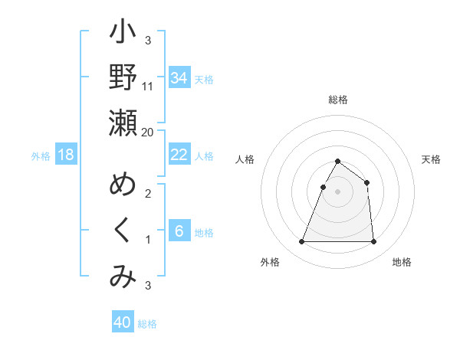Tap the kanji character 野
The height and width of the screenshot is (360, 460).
(x=123, y=77)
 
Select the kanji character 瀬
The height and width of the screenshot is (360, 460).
(x=123, y=123)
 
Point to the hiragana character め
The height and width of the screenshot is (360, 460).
(x=123, y=185)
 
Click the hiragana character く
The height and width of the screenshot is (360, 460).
(x=123, y=231)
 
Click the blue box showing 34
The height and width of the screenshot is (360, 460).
(x=179, y=77)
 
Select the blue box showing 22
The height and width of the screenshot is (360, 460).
(x=179, y=155)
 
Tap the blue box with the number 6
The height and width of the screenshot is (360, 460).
(x=179, y=231)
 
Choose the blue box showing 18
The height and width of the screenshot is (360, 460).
(x=66, y=155)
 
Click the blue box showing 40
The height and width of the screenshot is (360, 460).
(x=123, y=322)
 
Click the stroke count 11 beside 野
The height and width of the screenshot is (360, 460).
(x=148, y=86)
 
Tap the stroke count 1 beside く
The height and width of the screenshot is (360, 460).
(x=148, y=240)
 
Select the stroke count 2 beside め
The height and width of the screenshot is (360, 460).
(x=148, y=194)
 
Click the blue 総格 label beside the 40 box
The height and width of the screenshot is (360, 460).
(x=147, y=324)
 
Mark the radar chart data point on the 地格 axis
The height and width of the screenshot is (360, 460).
(x=373, y=242)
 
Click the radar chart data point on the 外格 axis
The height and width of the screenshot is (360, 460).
(x=301, y=242)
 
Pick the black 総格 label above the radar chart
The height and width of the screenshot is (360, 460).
(x=337, y=100)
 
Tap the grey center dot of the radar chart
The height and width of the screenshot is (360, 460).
(x=337, y=191)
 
